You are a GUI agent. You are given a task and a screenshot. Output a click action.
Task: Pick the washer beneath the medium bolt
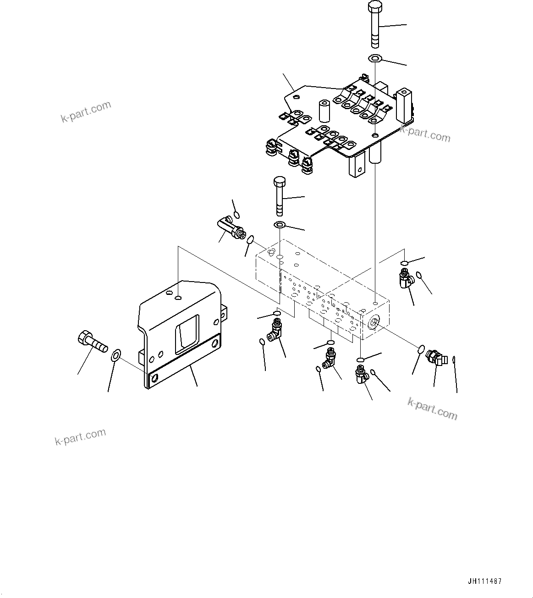coord(279,225)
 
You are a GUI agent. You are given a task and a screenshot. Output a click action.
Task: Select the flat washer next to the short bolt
coord(116,354)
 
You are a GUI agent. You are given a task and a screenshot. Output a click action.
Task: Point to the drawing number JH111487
coord(484,581)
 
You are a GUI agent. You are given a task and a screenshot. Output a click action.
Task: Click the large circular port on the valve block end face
coord(373,324)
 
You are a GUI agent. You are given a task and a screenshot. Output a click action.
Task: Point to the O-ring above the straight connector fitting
coord(236,215)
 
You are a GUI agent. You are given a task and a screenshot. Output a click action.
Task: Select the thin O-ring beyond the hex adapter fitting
coord(454,360)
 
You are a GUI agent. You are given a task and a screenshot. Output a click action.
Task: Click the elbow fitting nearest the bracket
coord(276,330)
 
